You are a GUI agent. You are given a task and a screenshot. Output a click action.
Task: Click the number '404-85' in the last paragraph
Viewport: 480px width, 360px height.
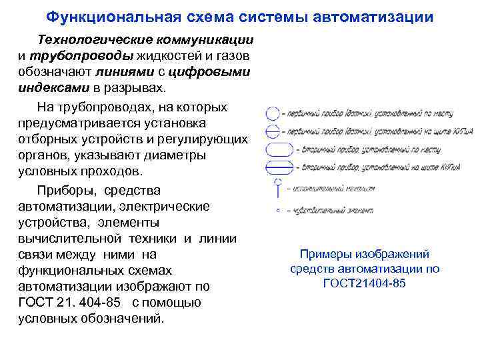tap(96, 302)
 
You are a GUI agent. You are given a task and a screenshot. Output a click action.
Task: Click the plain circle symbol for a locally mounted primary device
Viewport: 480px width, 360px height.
tap(273, 113)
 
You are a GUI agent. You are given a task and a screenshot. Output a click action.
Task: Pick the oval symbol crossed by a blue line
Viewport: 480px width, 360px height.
tap(279, 167)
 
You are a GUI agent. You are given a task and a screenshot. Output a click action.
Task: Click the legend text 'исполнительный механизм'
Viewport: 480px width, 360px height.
tap(331, 189)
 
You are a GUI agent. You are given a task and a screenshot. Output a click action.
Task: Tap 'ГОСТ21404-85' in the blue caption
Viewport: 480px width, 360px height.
tap(364, 283)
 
